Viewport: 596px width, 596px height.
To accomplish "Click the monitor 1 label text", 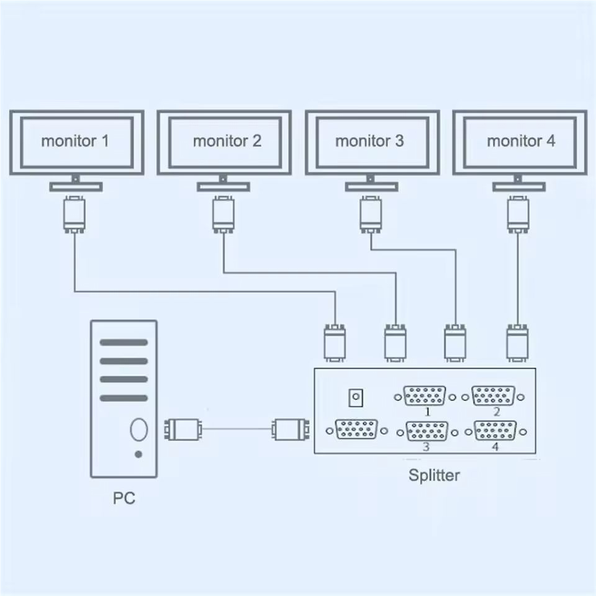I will (x=75, y=141).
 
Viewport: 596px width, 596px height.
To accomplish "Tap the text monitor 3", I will (x=369, y=141).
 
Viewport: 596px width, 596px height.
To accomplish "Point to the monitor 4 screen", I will (x=520, y=142).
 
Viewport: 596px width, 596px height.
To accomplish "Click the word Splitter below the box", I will (x=435, y=476).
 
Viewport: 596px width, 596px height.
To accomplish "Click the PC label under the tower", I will (x=124, y=498).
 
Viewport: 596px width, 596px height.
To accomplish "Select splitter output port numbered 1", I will (x=425, y=396).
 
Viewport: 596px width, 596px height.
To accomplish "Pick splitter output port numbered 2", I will (x=494, y=396).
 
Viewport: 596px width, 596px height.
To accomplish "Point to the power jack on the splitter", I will (x=356, y=397).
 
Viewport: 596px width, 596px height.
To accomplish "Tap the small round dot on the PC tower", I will (x=138, y=454).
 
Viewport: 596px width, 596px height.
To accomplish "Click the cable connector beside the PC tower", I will (x=181, y=429).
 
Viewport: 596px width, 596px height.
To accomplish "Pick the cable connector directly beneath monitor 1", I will (x=74, y=214).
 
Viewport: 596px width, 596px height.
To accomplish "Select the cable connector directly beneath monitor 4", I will (x=518, y=214).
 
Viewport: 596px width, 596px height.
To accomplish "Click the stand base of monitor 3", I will (x=371, y=186).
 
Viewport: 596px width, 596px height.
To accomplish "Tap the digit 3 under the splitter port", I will (x=426, y=446).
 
